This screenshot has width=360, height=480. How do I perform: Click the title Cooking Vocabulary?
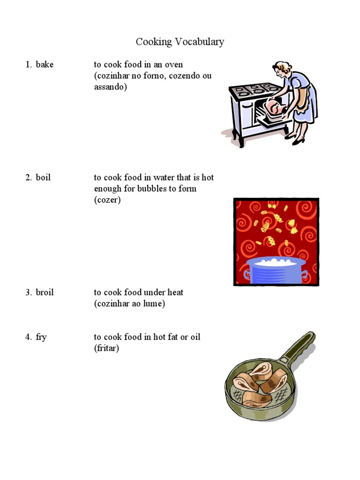click(x=180, y=42)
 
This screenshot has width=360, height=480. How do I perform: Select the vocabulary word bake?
click(x=45, y=65)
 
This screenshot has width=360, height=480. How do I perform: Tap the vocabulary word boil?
click(x=43, y=178)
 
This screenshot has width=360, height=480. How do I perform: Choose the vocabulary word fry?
click(x=41, y=337)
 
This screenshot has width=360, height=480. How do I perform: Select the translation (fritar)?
click(x=106, y=349)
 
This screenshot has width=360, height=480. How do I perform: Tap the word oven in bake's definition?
click(x=173, y=65)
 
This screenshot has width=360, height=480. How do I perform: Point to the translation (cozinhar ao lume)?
click(x=129, y=304)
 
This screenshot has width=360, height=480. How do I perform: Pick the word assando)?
click(x=110, y=87)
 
